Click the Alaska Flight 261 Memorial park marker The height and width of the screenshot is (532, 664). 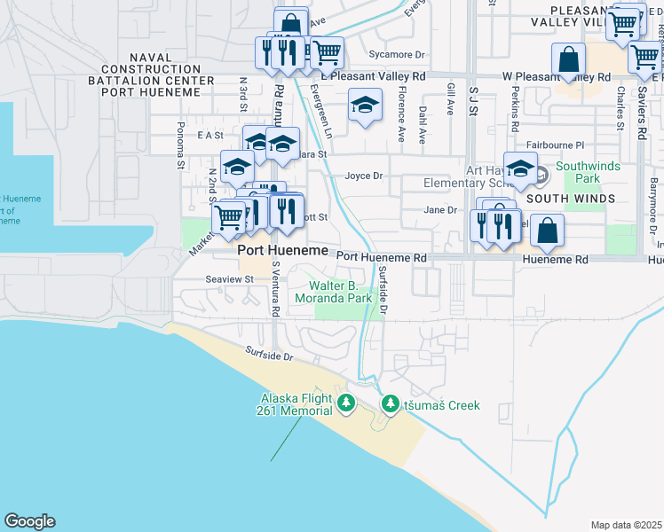tap(346, 404)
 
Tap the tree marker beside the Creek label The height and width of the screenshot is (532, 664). tap(390, 404)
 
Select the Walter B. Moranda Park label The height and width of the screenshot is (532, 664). tap(341, 293)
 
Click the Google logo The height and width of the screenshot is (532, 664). tap(29, 521)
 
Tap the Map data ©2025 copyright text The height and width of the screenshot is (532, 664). tap(625, 525)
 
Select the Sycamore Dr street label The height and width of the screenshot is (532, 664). tap(398, 54)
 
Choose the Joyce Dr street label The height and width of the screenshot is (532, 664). tap(363, 176)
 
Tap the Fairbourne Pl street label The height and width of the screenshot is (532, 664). tap(555, 145)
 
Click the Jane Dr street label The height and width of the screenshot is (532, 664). tap(439, 210)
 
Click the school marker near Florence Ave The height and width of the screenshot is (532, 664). tap(364, 106)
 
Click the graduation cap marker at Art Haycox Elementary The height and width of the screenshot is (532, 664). tap(521, 167)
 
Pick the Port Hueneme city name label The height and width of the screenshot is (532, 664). tap(271, 251)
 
